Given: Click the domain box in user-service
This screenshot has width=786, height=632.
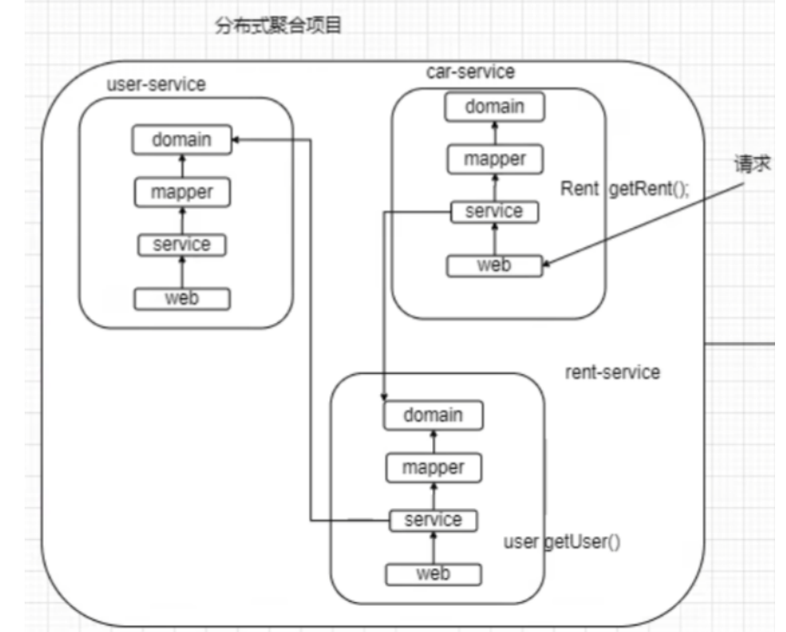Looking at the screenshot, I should tap(181, 140).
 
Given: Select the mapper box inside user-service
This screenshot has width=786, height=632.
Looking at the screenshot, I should tap(181, 192).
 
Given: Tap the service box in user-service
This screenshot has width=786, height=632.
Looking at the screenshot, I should tap(181, 244).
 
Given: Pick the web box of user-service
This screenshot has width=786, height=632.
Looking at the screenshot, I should tap(181, 298).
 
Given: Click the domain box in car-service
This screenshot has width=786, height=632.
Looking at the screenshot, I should tap(494, 107).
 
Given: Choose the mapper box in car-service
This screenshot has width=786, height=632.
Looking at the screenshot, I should tap(494, 160).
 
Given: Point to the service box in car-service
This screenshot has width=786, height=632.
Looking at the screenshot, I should tap(494, 212).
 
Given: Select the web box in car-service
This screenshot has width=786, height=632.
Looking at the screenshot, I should tap(494, 265).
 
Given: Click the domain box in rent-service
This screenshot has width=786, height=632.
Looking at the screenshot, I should tap(433, 415).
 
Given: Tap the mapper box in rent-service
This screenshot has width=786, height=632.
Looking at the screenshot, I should tap(433, 468).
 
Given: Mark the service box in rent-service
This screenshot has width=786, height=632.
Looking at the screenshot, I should tap(433, 520).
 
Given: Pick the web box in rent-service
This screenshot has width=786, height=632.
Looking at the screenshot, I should tap(433, 574).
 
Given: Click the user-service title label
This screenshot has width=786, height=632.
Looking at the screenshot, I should tap(156, 84).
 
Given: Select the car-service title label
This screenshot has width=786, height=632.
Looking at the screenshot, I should tap(471, 71).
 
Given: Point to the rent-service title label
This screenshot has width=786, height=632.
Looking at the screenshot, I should tap(613, 372).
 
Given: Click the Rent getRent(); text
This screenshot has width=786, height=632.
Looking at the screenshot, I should tap(625, 189).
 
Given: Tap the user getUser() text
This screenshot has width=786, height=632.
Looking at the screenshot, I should tap(562, 543).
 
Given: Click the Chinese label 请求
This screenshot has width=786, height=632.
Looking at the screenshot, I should tap(752, 164).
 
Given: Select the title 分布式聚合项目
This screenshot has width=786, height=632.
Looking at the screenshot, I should tap(278, 26).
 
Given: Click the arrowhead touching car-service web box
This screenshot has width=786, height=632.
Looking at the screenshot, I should tap(547, 266).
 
